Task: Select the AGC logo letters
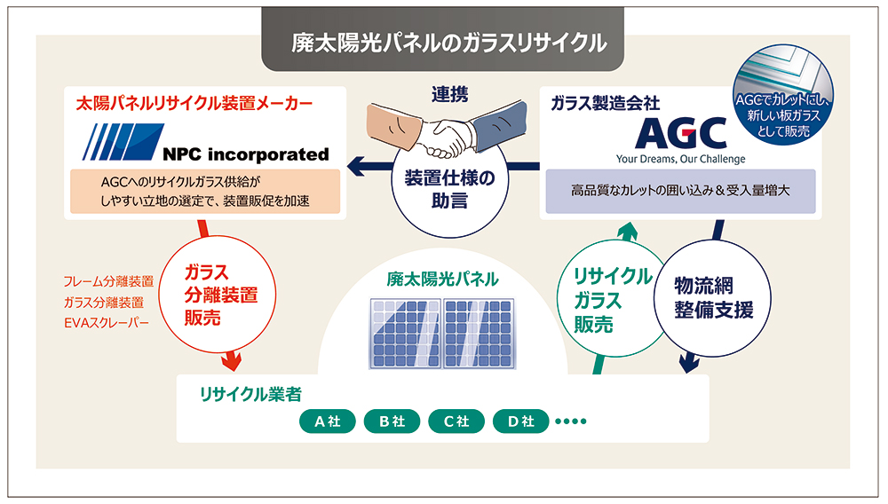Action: [681, 133]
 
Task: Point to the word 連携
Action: [449, 93]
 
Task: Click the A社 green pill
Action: [322, 421]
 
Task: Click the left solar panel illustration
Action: [404, 333]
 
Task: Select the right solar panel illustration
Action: [480, 333]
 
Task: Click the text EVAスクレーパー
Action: [106, 322]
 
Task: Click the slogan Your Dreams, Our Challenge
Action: [681, 159]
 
